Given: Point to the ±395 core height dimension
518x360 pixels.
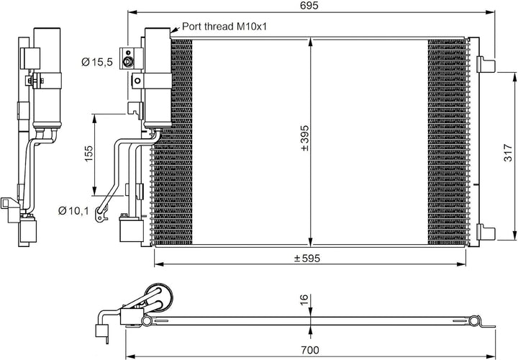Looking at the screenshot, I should point(304,138).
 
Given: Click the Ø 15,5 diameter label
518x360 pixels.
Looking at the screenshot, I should point(97,63).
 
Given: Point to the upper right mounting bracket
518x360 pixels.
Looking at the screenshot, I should point(487,65).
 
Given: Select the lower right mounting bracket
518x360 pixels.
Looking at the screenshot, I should point(487,233).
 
